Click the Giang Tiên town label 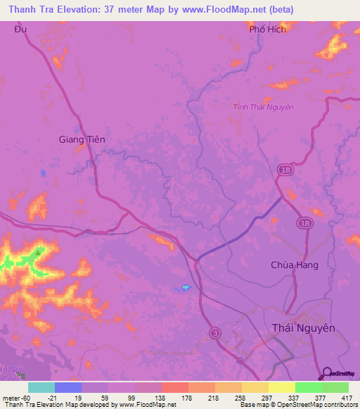(82, 139)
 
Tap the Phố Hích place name (268, 30)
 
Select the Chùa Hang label (295, 265)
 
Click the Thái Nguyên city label (304, 327)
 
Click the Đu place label (18, 30)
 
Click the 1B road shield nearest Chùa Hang (304, 223)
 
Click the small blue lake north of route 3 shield (184, 287)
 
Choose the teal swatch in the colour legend (41, 387)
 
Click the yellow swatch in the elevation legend (282, 387)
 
